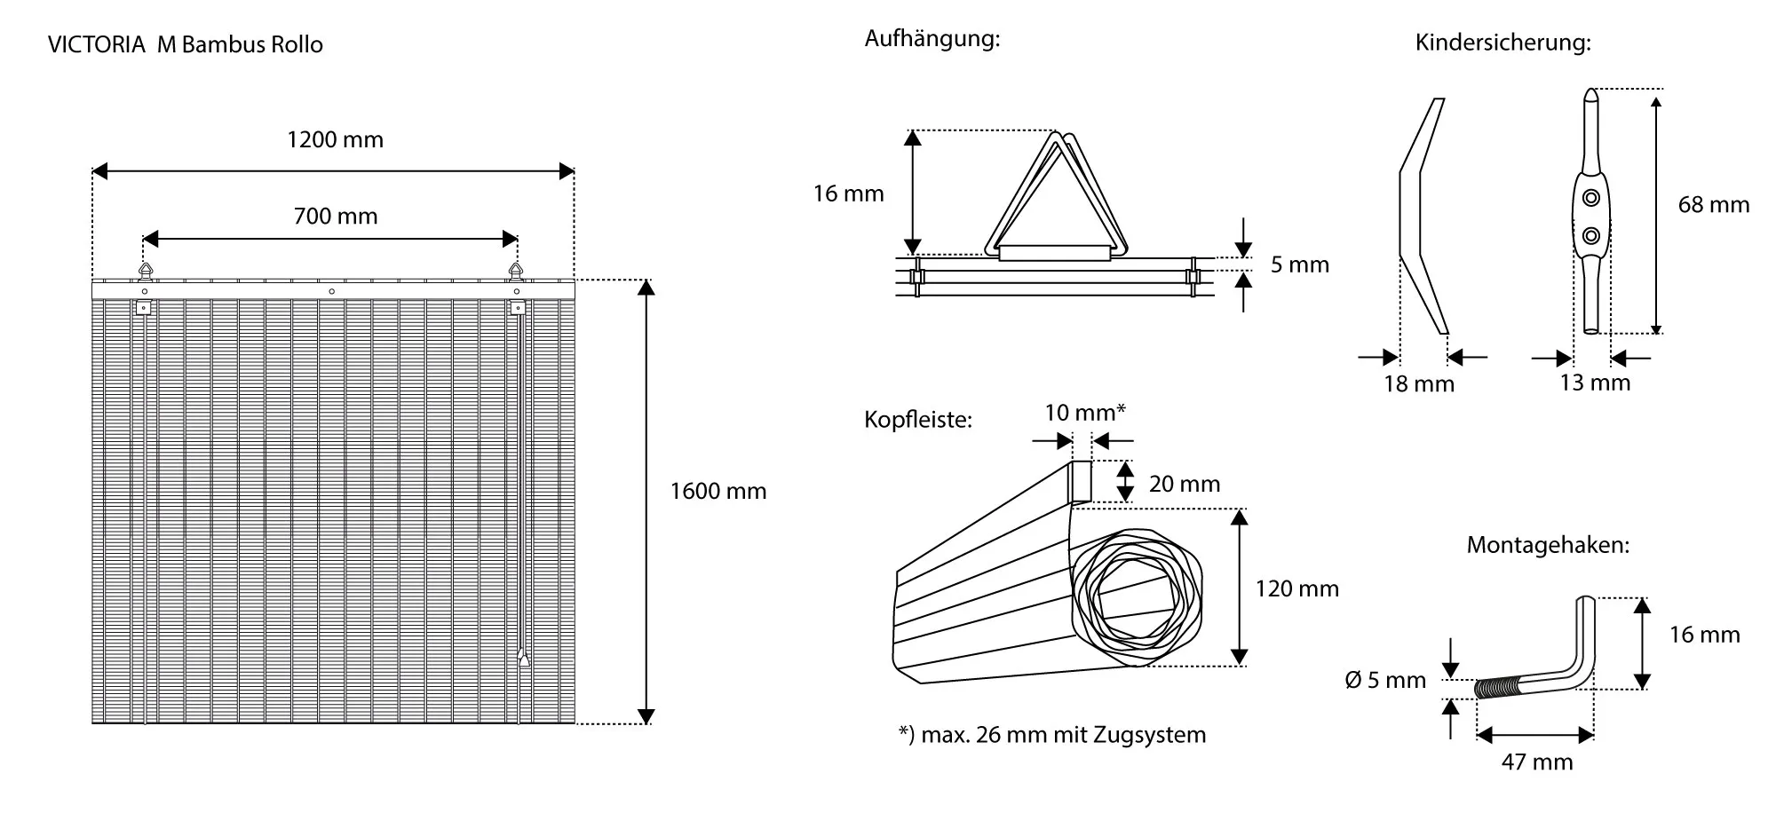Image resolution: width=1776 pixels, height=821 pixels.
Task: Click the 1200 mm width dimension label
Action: (335, 140)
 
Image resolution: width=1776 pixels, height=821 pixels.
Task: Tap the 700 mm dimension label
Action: (335, 217)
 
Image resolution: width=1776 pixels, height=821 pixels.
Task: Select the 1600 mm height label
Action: (718, 492)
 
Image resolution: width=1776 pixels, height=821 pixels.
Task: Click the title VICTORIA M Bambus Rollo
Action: (186, 45)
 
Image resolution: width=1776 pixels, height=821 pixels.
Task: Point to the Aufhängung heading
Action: (932, 39)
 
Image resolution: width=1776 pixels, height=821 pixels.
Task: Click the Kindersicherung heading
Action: (1502, 43)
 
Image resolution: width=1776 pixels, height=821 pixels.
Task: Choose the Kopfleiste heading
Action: (917, 420)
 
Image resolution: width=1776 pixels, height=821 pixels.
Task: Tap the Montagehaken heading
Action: (1547, 545)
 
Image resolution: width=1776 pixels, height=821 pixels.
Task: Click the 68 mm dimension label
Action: (1713, 205)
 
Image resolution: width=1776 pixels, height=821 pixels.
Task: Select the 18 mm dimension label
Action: (1419, 384)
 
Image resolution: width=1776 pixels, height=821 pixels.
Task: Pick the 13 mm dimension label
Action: (1595, 383)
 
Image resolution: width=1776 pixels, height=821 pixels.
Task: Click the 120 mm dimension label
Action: (1296, 589)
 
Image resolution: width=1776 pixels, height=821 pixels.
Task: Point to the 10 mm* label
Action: (1084, 413)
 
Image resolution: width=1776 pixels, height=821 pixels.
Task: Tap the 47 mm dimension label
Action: (1536, 762)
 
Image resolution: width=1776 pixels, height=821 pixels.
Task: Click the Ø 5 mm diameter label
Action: (1385, 681)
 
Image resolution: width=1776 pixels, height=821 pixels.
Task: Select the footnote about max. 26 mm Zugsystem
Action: (1051, 735)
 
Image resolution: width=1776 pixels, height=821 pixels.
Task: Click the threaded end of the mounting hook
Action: (1495, 688)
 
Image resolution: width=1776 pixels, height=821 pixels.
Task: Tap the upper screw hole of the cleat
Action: (1591, 197)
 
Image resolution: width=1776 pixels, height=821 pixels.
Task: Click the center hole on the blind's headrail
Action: (332, 290)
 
